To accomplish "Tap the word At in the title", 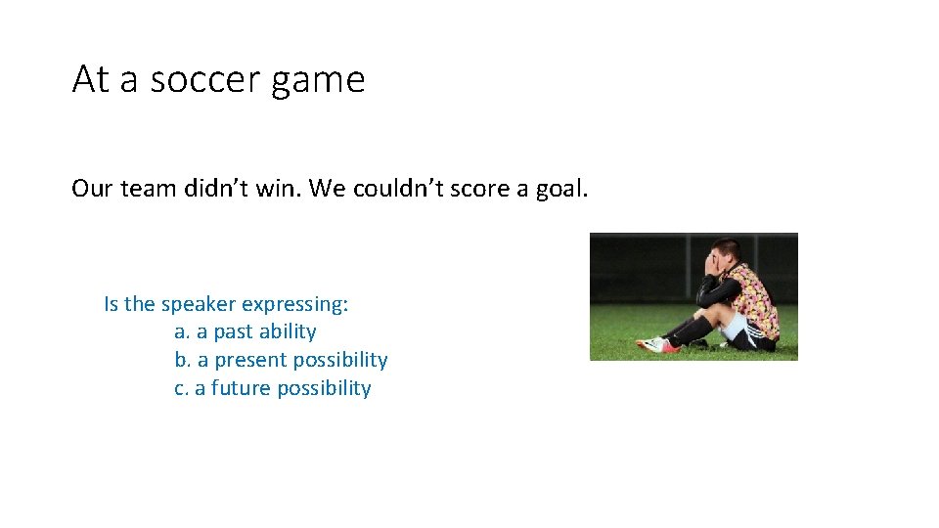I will tap(91, 79).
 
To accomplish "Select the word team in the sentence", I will tap(148, 188).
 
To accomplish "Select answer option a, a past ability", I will tap(245, 332).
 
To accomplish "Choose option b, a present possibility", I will tap(281, 361).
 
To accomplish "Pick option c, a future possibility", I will tap(273, 389).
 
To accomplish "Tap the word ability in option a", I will tap(287, 332).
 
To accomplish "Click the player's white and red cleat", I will tap(652, 344).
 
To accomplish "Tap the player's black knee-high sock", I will tap(693, 330).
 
